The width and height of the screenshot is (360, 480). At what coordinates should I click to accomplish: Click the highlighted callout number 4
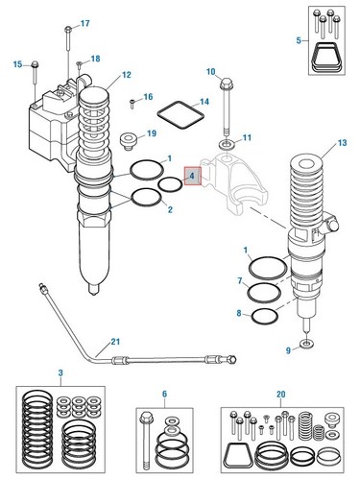pyautogui.click(x=192, y=176)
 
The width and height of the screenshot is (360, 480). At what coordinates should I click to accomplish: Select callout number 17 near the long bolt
pyautogui.click(x=84, y=23)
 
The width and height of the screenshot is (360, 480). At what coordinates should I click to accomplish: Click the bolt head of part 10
pyautogui.click(x=227, y=84)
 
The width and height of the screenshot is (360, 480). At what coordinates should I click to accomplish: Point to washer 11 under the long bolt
pyautogui.click(x=228, y=144)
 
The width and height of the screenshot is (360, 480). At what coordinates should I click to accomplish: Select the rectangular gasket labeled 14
pyautogui.click(x=180, y=115)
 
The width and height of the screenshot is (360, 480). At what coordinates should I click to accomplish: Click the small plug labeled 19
pyautogui.click(x=129, y=141)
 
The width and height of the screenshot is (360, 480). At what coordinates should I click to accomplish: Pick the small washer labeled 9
pyautogui.click(x=307, y=345)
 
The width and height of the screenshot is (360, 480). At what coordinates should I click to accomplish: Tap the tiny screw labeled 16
pyautogui.click(x=132, y=104)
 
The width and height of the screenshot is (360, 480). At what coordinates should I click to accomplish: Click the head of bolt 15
pyautogui.click(x=35, y=64)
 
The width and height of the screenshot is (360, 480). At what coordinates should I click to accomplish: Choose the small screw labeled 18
pyautogui.click(x=80, y=64)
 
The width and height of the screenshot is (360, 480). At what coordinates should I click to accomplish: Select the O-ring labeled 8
pyautogui.click(x=265, y=317)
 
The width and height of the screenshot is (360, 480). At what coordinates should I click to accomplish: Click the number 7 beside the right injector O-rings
pyautogui.click(x=240, y=281)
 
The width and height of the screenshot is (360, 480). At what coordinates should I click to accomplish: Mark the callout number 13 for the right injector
pyautogui.click(x=342, y=142)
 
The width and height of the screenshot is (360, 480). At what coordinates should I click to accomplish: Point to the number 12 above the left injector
pyautogui.click(x=127, y=75)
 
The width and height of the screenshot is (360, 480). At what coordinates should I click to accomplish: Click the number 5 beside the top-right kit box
pyautogui.click(x=299, y=40)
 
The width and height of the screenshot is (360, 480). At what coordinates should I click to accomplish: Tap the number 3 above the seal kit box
pyautogui.click(x=60, y=372)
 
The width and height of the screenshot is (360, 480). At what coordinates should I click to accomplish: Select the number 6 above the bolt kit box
pyautogui.click(x=164, y=394)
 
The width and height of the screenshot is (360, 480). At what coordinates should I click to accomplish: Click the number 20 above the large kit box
pyautogui.click(x=280, y=395)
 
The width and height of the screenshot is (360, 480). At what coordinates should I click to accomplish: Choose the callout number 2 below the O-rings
pyautogui.click(x=170, y=209)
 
